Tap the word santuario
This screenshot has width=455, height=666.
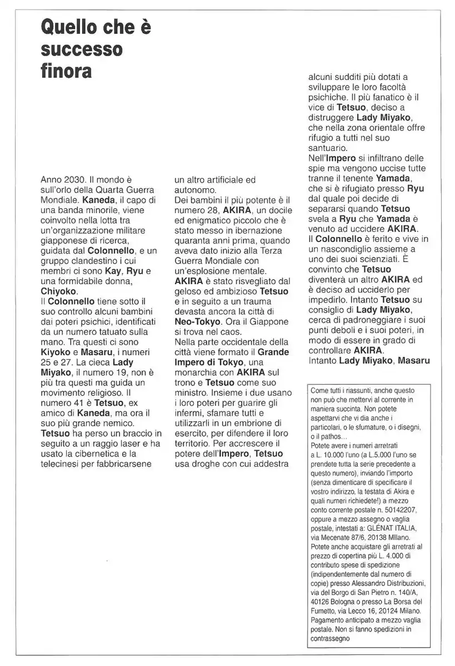[327, 148]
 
